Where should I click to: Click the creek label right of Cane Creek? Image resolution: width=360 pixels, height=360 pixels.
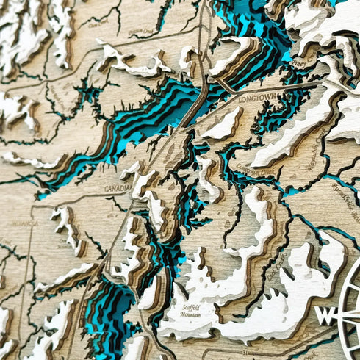click(x=140, y=32)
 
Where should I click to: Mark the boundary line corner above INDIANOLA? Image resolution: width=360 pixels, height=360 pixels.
click(x=34, y=206)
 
